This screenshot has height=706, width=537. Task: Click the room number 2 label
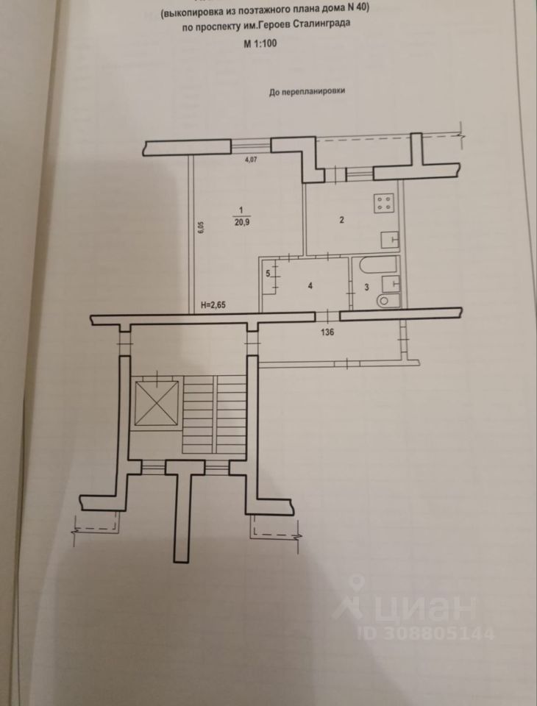tap(341, 219)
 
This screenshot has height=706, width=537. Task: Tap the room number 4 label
tap(311, 286)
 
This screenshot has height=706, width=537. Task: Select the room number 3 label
tap(366, 288)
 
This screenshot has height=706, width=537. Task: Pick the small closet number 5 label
tap(268, 274)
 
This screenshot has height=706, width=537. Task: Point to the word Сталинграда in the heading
tap(319, 24)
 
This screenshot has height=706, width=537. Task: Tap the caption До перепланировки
tap(307, 93)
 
